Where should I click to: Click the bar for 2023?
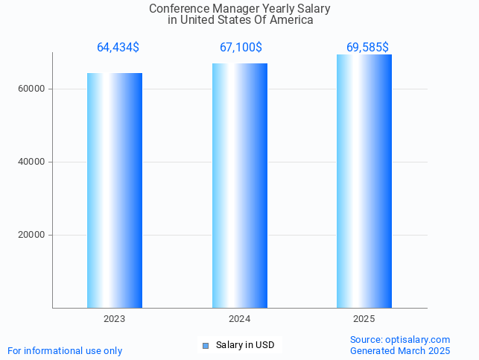(x=115, y=190)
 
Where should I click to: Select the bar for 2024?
(x=240, y=186)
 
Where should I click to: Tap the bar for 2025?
(x=364, y=181)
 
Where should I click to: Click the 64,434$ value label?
(x=118, y=48)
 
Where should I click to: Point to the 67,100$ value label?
(x=241, y=48)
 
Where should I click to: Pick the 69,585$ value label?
(x=367, y=48)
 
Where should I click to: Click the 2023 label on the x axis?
(x=115, y=318)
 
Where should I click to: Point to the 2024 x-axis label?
(x=240, y=318)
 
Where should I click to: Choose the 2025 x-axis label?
(x=364, y=318)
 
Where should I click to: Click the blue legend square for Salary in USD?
(x=206, y=345)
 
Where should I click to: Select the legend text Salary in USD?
(x=245, y=345)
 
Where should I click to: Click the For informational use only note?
(x=65, y=350)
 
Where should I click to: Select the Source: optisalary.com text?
(x=400, y=340)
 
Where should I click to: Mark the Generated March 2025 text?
(x=400, y=350)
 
